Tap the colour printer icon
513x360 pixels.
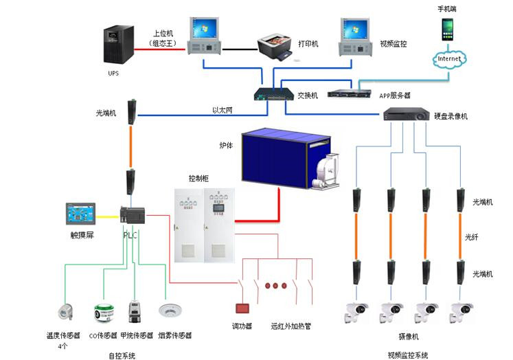(x=276, y=47)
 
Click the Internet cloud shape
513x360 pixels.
(x=449, y=59)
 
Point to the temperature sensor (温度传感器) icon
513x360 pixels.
(x=67, y=315)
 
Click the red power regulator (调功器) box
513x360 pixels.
(x=242, y=308)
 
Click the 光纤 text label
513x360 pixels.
(x=472, y=237)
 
